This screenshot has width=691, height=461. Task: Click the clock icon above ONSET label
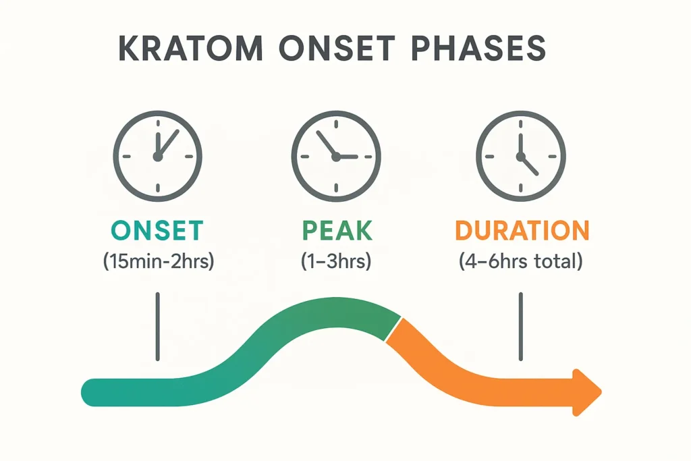tap(157, 156)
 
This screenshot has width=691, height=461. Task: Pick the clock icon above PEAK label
tap(335, 156)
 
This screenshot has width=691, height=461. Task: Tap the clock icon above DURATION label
tap(520, 156)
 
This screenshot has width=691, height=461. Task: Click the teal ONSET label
tap(157, 231)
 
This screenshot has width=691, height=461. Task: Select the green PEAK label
tap(337, 231)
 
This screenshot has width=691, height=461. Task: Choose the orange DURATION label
tap(522, 231)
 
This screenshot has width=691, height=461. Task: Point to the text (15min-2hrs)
tap(158, 263)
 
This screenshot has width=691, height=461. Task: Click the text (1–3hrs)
tap(336, 263)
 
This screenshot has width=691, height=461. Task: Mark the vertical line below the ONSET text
tap(157, 326)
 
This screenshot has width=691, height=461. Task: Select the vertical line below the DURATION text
tap(520, 326)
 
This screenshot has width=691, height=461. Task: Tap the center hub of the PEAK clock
tap(335, 157)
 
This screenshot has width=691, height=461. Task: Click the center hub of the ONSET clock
tap(157, 157)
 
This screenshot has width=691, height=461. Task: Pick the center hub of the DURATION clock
tap(520, 157)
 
